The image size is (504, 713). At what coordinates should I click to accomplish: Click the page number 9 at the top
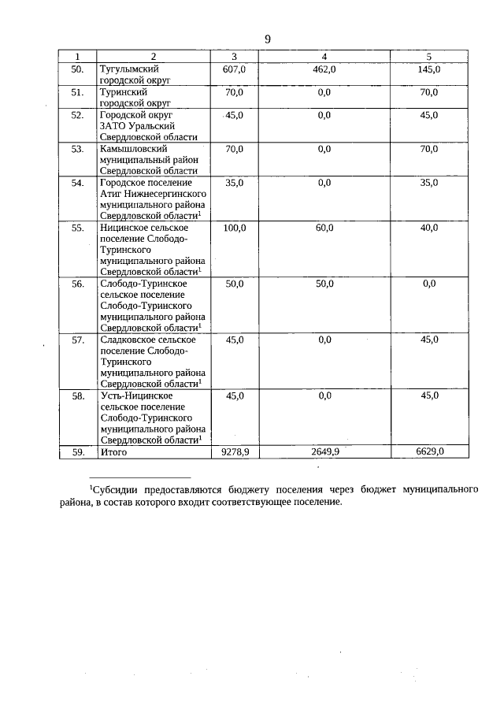pos(268,39)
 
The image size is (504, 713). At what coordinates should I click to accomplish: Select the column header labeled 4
pos(324,57)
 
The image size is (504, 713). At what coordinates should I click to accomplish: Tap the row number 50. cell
pos(77,70)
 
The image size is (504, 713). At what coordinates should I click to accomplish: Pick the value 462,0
pos(324,70)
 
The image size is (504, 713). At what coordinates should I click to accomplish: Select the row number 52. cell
pos(77,115)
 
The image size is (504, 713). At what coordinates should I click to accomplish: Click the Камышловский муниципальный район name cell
pos(149,159)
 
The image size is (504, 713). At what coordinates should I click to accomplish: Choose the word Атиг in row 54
pos(113,193)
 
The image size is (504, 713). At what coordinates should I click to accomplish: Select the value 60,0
pos(324,228)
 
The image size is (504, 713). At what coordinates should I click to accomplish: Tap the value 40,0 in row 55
pos(428,228)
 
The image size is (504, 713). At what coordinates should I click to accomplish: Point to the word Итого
pos(114,452)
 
